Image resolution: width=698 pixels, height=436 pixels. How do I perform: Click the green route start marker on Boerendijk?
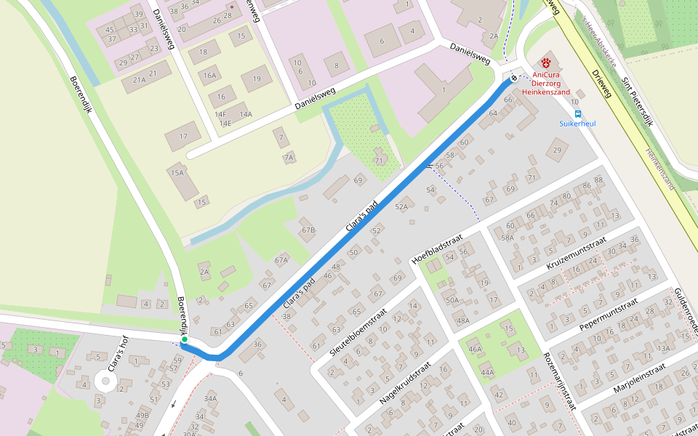185,339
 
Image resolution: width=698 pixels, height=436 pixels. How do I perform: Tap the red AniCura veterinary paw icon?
546,63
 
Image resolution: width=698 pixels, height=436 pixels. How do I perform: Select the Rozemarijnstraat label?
560,382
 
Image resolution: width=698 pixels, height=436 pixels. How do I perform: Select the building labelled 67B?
308,230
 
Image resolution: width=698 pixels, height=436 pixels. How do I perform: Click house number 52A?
401,207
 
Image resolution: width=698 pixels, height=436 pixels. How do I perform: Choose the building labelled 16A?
210,76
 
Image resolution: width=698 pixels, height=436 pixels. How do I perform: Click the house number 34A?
210,398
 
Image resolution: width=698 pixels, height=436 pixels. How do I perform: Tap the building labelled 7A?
289,158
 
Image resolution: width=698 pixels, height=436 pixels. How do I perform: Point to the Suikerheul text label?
577,124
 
